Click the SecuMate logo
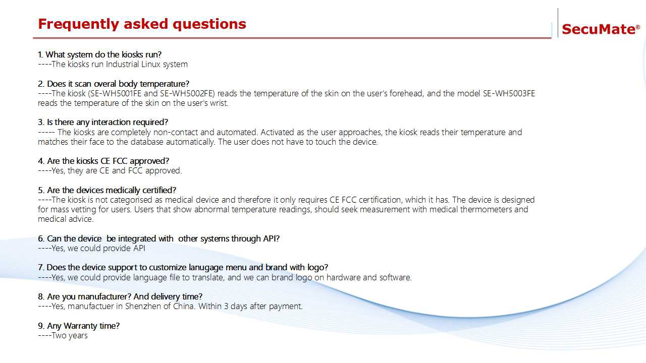(601, 29)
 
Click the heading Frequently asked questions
(142, 24)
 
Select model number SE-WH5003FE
(509, 93)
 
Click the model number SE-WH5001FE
(116, 93)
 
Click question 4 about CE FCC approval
(103, 161)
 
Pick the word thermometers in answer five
(486, 209)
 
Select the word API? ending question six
(271, 238)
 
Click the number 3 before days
(226, 306)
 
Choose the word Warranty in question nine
(80, 326)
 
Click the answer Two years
(70, 336)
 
